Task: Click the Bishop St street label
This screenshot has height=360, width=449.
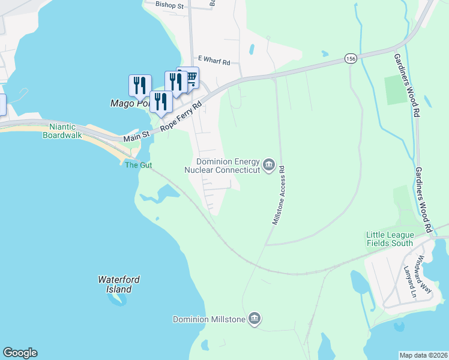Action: pos(169,4)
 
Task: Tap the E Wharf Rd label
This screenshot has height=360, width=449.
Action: pos(214,62)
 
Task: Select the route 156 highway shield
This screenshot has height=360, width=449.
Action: pos(351,58)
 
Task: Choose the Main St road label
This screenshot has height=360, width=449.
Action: pos(136,138)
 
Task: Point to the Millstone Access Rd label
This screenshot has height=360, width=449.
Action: pos(279,196)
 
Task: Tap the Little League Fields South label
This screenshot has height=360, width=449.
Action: pos(390,239)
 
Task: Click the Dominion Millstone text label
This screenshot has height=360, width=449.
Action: pos(209,319)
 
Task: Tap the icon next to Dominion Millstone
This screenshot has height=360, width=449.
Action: pos(255,318)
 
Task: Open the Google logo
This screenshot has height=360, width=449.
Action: pos(20,353)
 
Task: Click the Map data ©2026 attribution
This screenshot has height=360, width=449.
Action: pos(424,355)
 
